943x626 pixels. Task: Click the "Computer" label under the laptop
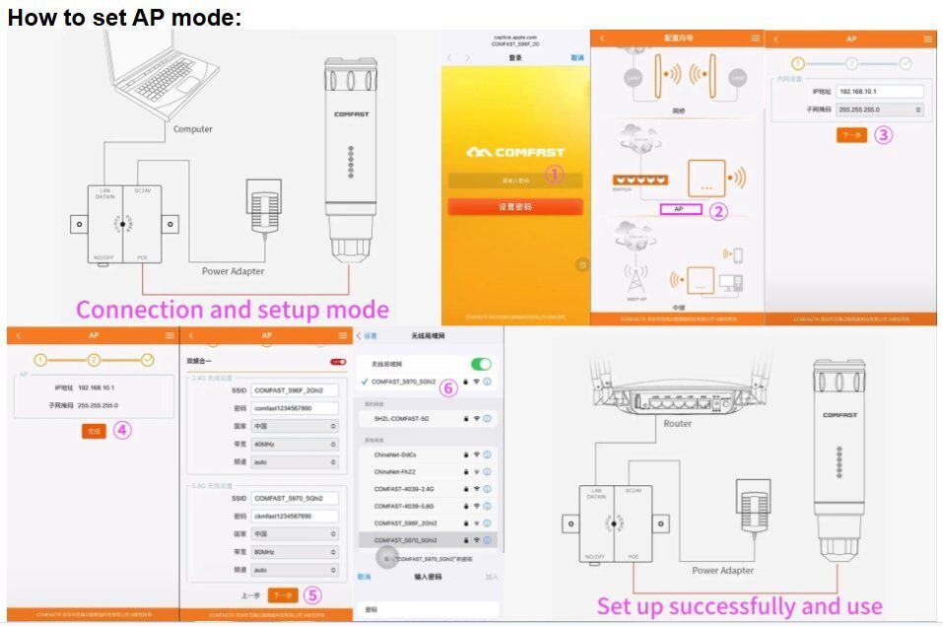(193, 129)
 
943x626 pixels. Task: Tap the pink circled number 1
(555, 174)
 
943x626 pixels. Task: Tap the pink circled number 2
(719, 210)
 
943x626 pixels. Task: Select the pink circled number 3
(883, 135)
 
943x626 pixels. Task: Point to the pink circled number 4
(122, 430)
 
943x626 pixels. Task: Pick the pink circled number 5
(311, 594)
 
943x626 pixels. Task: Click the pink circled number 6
(447, 387)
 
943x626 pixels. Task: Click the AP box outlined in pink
(679, 210)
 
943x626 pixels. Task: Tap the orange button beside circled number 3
(850, 135)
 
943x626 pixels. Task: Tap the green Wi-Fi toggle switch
(481, 364)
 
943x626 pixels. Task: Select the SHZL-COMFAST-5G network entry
(402, 418)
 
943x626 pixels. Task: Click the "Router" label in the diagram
(677, 423)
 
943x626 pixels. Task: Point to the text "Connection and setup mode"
(232, 310)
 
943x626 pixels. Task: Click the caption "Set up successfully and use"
(739, 605)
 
